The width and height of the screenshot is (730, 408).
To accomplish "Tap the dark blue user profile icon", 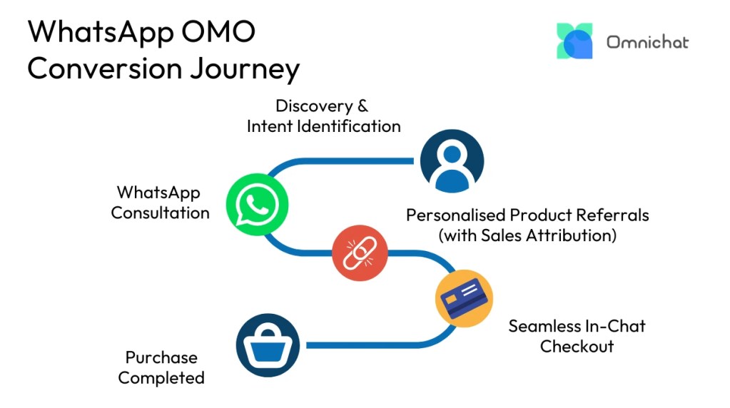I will click(452, 160).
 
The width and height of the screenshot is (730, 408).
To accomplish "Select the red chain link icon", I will click(360, 254).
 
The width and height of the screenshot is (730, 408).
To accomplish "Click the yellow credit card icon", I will click(464, 299).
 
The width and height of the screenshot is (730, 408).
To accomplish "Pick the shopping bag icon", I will click(268, 345).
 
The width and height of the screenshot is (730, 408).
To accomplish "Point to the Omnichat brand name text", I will click(647, 42).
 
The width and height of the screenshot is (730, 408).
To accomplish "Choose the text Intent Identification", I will click(323, 126).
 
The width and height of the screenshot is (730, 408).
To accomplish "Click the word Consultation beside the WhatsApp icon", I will click(160, 213).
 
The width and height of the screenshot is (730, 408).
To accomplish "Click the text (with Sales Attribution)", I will click(527, 235).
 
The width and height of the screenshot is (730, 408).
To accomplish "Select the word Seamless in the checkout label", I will click(546, 326).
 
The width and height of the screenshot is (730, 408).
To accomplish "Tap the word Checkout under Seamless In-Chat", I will click(577, 347).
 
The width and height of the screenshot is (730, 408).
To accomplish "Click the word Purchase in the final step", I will click(161, 357).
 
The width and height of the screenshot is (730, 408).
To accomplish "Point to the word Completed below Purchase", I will click(161, 378).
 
